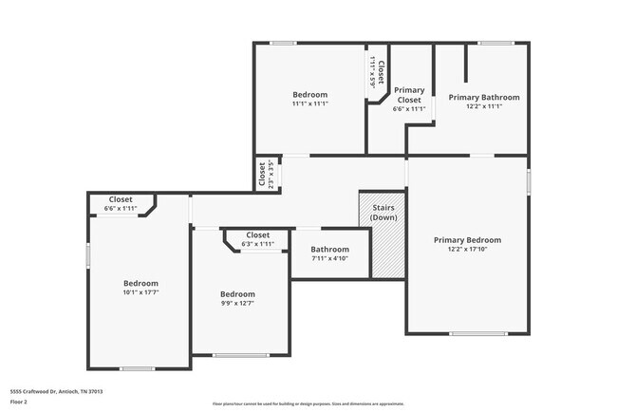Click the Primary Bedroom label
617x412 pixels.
click(x=467, y=240)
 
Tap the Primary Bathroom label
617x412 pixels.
click(x=484, y=97)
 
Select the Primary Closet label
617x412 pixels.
click(x=409, y=94)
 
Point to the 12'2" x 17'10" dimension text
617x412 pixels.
click(x=467, y=251)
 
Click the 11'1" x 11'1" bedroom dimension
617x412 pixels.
click(x=309, y=104)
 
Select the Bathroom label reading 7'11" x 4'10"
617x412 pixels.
click(x=330, y=250)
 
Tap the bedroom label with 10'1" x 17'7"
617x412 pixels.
click(x=140, y=284)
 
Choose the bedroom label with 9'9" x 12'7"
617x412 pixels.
click(x=237, y=294)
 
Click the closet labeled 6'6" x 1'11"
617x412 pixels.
click(x=114, y=200)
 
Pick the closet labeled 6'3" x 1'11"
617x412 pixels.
click(x=257, y=235)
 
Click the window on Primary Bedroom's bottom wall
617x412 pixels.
click(x=471, y=333)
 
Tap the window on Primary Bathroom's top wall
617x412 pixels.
click(x=495, y=43)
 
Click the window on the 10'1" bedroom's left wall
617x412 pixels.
click(x=88, y=254)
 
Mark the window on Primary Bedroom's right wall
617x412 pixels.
click(x=528, y=181)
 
